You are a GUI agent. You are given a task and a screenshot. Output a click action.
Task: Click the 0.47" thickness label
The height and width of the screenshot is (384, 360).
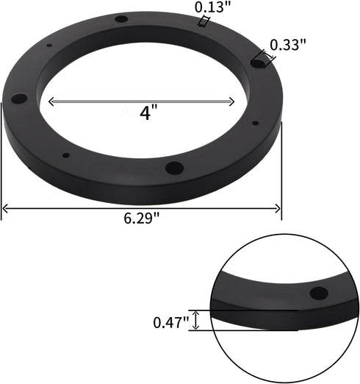171,321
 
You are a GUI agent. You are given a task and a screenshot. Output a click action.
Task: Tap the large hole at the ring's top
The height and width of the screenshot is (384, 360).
122,18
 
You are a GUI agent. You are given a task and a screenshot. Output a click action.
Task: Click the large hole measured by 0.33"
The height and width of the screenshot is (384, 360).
257,64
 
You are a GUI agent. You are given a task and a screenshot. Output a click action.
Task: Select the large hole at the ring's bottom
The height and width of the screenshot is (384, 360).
173,168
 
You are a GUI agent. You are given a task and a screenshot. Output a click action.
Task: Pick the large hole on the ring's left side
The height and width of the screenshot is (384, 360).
20,99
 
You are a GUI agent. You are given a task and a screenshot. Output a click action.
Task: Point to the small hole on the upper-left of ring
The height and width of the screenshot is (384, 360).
49,46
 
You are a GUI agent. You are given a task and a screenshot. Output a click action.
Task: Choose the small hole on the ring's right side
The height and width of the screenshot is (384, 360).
255,123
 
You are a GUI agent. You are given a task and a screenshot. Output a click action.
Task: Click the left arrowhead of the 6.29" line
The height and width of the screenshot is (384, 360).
6,209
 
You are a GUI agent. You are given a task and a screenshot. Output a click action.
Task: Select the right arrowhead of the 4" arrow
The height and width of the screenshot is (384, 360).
233,102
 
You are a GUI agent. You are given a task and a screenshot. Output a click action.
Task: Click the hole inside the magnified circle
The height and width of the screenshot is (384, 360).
318,293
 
